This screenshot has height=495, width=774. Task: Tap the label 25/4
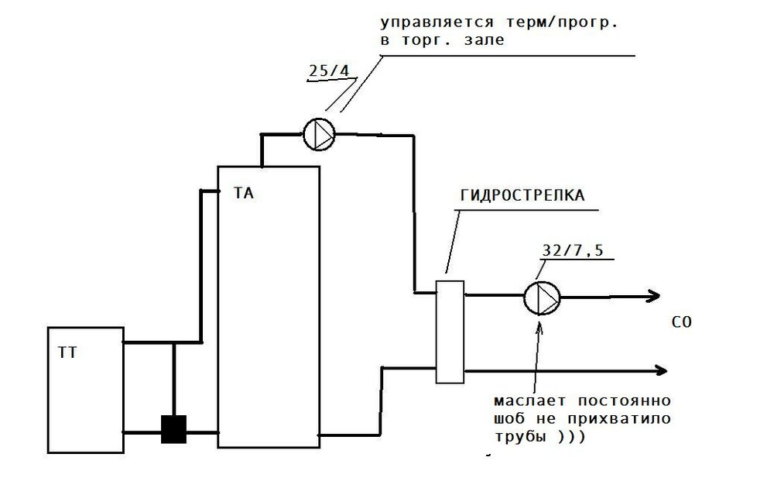click(327, 71)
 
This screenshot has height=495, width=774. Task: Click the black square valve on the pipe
click(174, 428)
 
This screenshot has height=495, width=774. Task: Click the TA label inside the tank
click(243, 194)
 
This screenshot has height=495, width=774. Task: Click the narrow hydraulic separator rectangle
click(449, 331)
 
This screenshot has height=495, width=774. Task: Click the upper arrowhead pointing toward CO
click(652, 295)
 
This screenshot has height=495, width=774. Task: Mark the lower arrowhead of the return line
click(659, 370)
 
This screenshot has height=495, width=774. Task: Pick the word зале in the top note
click(487, 40)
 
